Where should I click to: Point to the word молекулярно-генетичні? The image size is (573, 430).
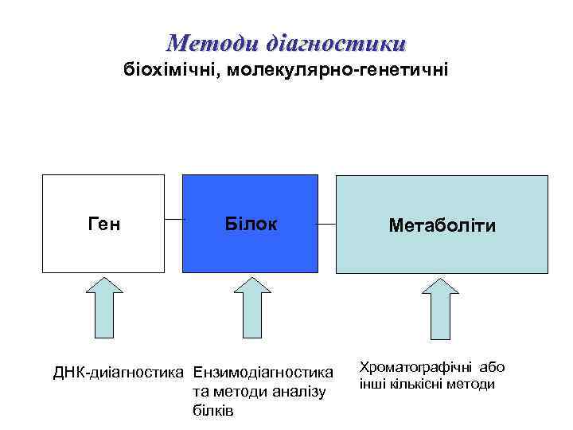[x=338, y=71]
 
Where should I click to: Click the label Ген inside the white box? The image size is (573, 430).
[x=103, y=225]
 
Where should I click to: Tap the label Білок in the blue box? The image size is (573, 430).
[x=251, y=225]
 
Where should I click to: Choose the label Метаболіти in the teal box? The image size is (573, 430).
[x=442, y=226]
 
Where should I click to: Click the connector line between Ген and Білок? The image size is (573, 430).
[x=173, y=218]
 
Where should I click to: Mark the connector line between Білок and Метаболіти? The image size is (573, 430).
[x=326, y=224]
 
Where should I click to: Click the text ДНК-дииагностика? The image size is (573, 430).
[x=119, y=372]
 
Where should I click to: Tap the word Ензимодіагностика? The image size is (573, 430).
[x=263, y=372]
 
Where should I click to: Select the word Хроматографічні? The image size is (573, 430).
[x=414, y=367]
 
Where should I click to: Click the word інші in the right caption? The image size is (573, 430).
[x=372, y=384]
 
